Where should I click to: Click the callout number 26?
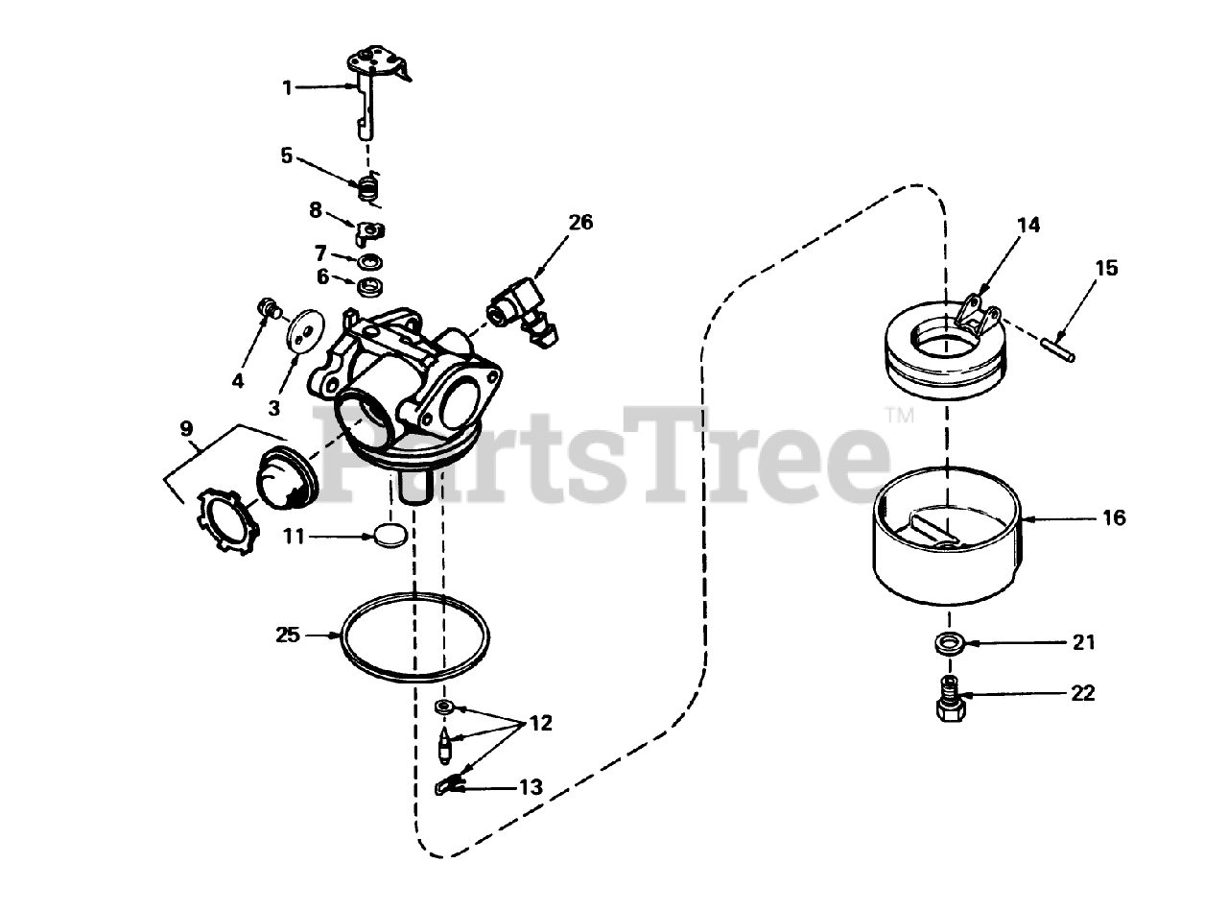580,222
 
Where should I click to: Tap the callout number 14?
1028,225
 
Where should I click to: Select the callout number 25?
288,635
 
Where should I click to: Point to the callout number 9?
186,428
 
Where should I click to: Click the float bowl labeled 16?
948,536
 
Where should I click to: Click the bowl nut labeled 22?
950,698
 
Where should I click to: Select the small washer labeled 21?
949,644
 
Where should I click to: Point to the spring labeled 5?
367,187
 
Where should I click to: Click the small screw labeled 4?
270,309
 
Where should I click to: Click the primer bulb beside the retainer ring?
287,478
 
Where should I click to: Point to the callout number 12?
541,723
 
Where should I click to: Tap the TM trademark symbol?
899,416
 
